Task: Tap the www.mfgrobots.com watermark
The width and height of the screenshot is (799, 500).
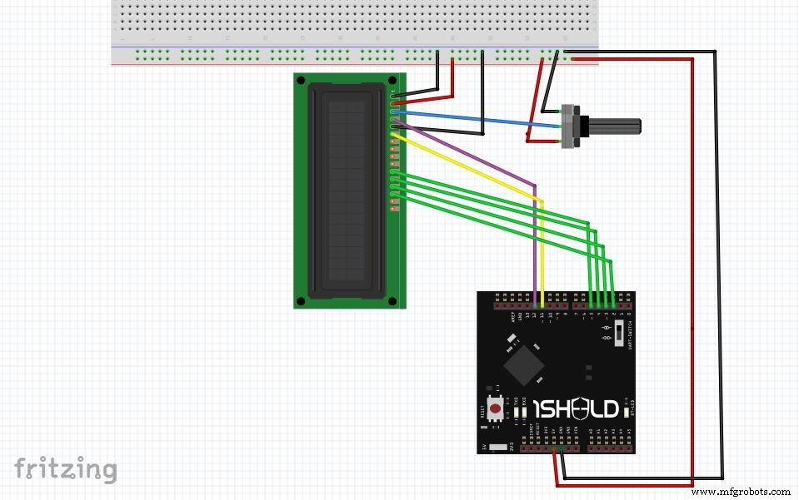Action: point(742,492)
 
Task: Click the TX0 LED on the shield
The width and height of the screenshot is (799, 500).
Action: point(517,411)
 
